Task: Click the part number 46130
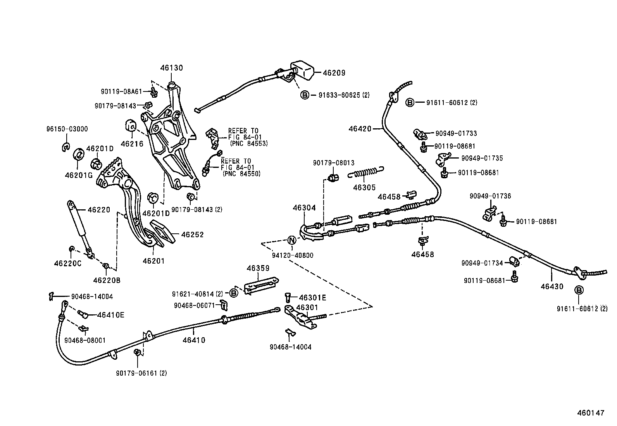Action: coord(171,68)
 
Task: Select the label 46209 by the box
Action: coord(334,73)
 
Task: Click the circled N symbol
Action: coord(292,240)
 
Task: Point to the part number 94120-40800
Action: coord(292,255)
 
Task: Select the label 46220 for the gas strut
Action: coord(99,210)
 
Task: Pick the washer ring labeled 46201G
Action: coord(79,154)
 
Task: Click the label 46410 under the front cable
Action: coord(194,340)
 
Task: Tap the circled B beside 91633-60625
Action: coord(305,95)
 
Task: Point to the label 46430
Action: coord(552,286)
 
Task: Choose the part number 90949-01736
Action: coord(490,196)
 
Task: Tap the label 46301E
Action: coord(312,298)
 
